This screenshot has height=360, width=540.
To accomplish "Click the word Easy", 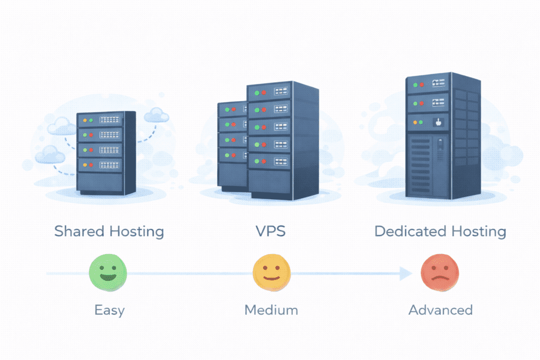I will [x=109, y=310].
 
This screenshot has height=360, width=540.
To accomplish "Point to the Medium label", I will [x=271, y=310].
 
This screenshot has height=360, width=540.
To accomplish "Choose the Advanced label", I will [x=440, y=310].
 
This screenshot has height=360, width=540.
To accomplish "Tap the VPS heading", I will [x=271, y=231].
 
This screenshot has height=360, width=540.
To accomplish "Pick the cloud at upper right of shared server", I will [x=156, y=114].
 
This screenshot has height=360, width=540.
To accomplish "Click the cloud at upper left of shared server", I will [x=60, y=126].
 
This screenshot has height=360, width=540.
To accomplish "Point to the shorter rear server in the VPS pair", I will [x=232, y=145].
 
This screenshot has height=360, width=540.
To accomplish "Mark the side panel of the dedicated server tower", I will [x=465, y=137].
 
